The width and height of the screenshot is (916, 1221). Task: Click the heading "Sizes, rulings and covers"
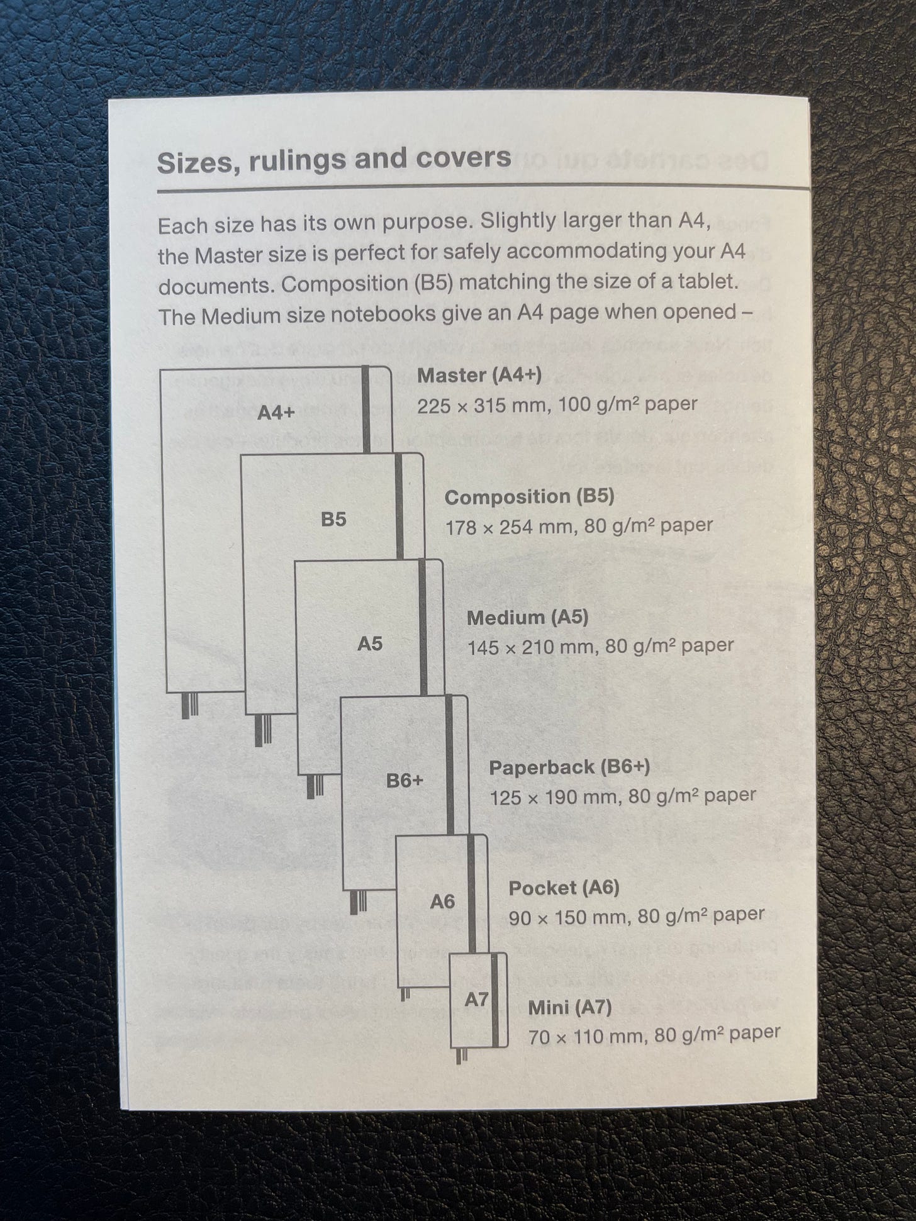click(x=333, y=160)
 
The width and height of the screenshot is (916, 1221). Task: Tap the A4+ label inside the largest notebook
click(x=276, y=413)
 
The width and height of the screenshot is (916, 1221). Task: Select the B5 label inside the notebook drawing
click(x=333, y=519)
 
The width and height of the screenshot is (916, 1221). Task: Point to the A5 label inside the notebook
click(x=370, y=644)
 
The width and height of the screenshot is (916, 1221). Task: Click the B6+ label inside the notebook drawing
click(x=405, y=781)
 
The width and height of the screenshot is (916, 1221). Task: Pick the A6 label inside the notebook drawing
click(x=442, y=902)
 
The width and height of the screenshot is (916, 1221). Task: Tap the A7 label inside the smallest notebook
click(x=476, y=999)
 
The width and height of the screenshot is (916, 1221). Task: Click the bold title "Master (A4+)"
click(x=479, y=376)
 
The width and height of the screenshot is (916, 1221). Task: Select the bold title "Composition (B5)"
click(x=529, y=497)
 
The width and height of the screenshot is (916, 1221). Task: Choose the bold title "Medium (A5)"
click(x=527, y=618)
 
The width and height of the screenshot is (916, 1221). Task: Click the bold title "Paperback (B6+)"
click(x=569, y=767)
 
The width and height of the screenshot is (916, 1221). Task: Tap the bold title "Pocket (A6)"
click(x=564, y=888)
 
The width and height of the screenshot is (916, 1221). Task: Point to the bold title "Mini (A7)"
click(x=569, y=1007)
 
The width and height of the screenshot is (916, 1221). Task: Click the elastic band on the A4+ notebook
click(x=367, y=409)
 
